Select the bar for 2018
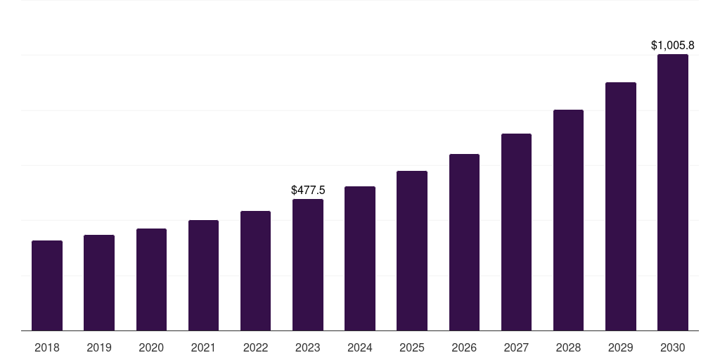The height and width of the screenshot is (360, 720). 47,285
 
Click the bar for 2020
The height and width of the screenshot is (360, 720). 151,280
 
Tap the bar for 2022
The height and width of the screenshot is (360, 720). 255,271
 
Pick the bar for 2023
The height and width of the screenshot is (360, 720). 308,265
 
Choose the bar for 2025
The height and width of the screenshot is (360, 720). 412,251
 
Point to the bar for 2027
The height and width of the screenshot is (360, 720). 516,232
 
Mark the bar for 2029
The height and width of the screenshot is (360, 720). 620,207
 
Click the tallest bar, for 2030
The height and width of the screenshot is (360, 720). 673,193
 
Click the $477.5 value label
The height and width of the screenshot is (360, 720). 308,191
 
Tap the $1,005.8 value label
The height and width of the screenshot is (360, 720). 673,46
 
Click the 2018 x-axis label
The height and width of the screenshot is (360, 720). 47,347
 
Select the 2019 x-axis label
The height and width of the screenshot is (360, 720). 99,347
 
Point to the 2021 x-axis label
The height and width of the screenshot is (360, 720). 203,347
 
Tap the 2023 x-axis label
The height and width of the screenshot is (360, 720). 308,347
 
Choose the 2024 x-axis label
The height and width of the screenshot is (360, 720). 360,347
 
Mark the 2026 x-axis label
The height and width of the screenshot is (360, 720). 464,347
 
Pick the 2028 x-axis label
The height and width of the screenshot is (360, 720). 568,347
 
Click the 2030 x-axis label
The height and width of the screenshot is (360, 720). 673,347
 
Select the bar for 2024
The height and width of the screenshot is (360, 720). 360,259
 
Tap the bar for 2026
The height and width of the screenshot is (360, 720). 464,243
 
